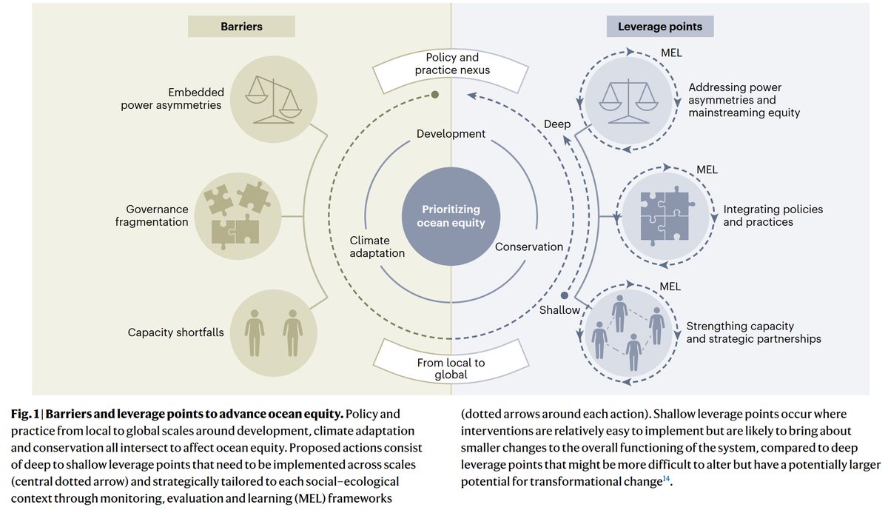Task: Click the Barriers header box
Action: point(241,27)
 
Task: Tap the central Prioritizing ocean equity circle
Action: point(451,215)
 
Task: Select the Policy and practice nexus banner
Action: point(452,64)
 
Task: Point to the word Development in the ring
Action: point(451,134)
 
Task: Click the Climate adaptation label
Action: point(377,247)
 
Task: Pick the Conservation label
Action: point(528,247)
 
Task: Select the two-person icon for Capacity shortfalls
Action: point(273,332)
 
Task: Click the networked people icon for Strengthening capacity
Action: point(628,332)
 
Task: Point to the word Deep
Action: point(557,124)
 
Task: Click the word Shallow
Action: point(559,310)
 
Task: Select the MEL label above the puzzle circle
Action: point(707,170)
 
